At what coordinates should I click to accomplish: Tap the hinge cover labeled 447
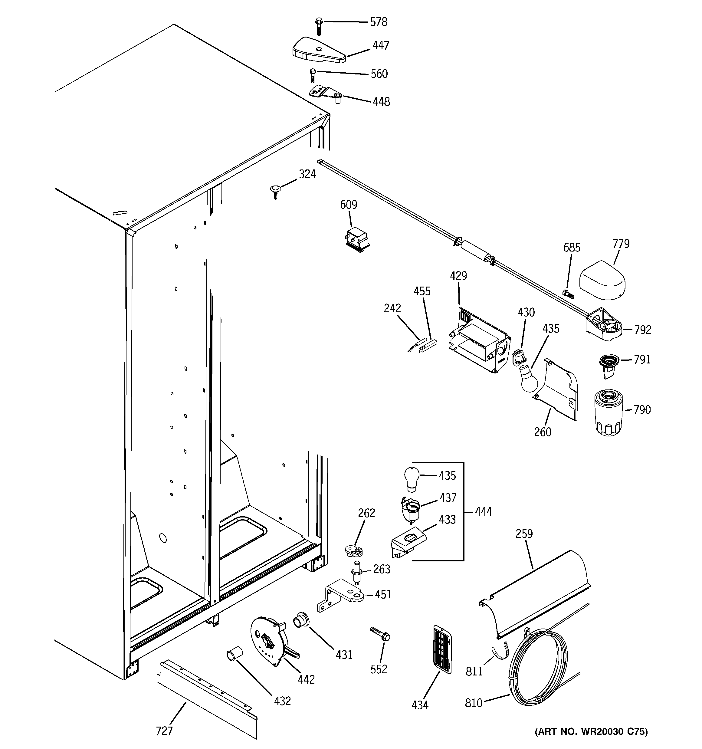(318, 50)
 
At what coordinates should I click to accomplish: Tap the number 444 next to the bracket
(484, 512)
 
